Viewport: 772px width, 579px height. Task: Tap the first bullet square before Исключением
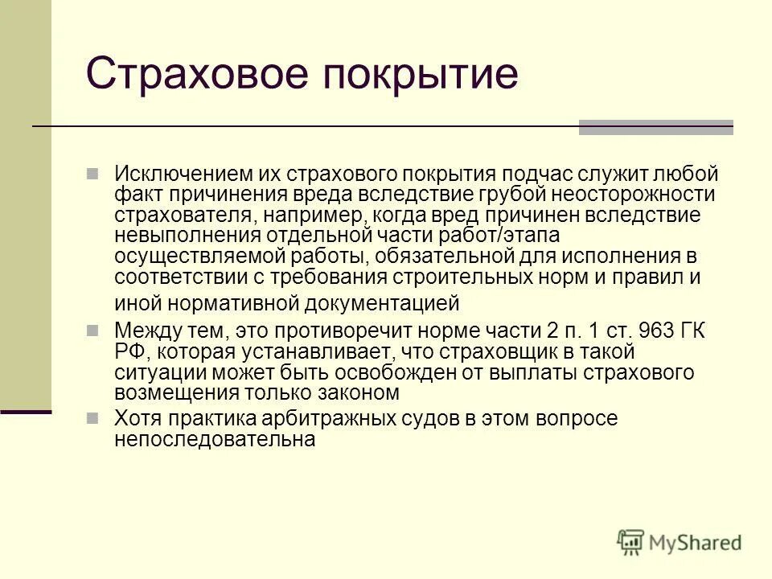tap(93, 174)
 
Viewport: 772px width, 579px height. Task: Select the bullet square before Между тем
tap(93, 331)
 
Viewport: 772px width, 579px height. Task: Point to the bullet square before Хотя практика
tap(93, 419)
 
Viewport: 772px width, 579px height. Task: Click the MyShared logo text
tap(696, 543)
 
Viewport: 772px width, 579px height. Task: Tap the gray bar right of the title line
tap(655, 127)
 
